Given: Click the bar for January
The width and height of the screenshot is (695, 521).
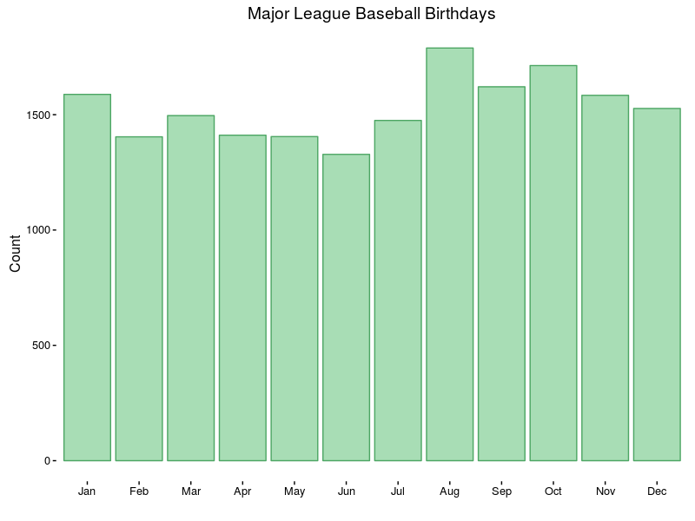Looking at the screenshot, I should click(x=87, y=278).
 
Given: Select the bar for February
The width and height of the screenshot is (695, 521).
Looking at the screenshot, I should click(x=139, y=299).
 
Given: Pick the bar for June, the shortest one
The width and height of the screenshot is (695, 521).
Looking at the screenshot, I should click(x=346, y=307).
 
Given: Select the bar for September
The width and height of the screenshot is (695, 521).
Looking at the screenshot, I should click(x=501, y=274).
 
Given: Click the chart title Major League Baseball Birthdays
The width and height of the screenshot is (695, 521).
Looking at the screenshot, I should click(x=371, y=15).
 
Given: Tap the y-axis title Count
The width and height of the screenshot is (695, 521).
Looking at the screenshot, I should click(x=16, y=254).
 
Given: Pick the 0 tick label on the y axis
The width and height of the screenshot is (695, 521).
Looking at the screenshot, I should click(x=49, y=461).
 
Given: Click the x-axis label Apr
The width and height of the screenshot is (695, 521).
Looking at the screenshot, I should click(x=242, y=492).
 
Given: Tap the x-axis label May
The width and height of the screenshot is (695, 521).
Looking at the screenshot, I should click(x=295, y=492).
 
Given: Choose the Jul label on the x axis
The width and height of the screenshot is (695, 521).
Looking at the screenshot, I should click(x=398, y=492).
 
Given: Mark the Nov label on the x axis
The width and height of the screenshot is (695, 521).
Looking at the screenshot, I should click(x=606, y=492).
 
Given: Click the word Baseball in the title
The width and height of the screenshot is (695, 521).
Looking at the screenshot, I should click(x=390, y=15).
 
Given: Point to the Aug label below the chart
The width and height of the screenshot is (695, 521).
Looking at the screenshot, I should click(x=449, y=492).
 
